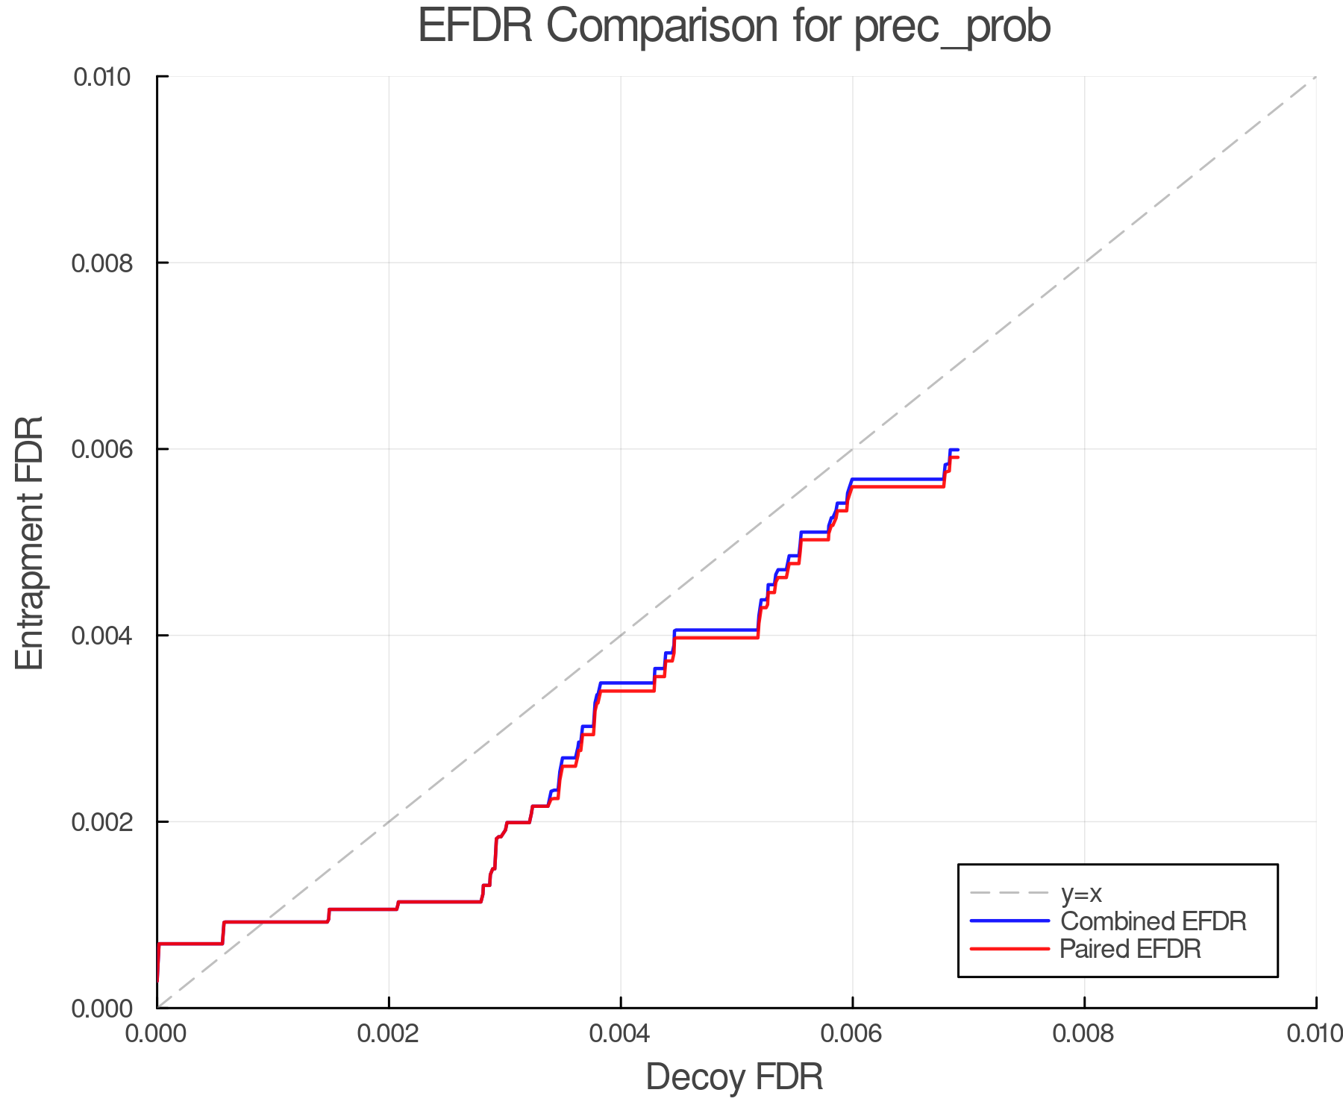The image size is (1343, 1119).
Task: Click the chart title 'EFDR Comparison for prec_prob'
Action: pyautogui.click(x=734, y=27)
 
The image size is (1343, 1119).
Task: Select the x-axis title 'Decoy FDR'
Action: pyautogui.click(x=734, y=1077)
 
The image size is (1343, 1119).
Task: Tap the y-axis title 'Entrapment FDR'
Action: pyautogui.click(x=30, y=542)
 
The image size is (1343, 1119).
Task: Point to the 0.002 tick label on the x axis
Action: pyautogui.click(x=389, y=1034)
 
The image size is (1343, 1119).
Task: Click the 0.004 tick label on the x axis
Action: pyautogui.click(x=621, y=1034)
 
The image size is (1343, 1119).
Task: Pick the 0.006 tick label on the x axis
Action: pyautogui.click(x=852, y=1034)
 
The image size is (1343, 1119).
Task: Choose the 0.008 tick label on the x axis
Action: pyautogui.click(x=1084, y=1034)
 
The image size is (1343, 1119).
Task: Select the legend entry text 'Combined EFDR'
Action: pyautogui.click(x=1153, y=921)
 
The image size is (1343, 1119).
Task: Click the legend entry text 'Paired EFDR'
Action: pyautogui.click(x=1130, y=949)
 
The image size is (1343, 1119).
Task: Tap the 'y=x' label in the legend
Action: pyautogui.click(x=1081, y=893)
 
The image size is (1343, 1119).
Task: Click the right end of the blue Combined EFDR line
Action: pyautogui.click(x=957, y=450)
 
